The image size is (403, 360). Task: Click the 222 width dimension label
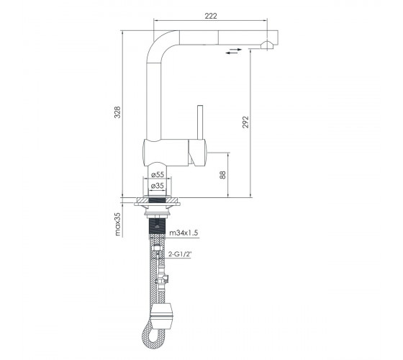[x=211, y=16]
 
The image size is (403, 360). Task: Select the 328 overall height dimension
[x=117, y=112]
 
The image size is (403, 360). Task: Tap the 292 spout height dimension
[x=245, y=122]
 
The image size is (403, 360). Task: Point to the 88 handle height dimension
[x=222, y=175]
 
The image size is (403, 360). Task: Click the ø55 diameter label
[x=158, y=174]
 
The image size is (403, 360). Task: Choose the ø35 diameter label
[x=158, y=186]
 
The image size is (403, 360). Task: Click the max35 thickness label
[x=117, y=225]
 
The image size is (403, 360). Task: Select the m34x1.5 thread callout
[x=184, y=233]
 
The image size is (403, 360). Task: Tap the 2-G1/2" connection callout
[x=180, y=254]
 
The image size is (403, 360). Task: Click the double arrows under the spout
[x=234, y=51]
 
